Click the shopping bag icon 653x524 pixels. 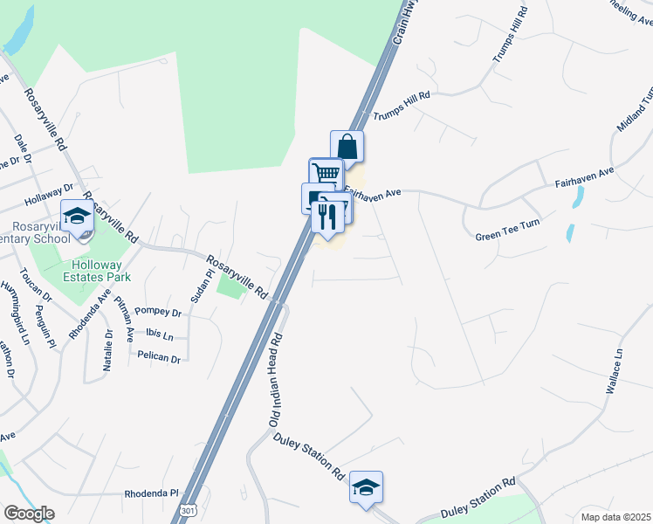347,147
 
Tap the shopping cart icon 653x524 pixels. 326,173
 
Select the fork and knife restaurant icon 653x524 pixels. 327,215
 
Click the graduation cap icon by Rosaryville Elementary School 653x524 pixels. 77,216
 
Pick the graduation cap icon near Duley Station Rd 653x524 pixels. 366,487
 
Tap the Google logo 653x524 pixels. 28,514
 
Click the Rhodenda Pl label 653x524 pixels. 151,493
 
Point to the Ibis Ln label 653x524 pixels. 160,336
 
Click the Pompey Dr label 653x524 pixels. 158,313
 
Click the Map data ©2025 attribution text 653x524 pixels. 615,516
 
